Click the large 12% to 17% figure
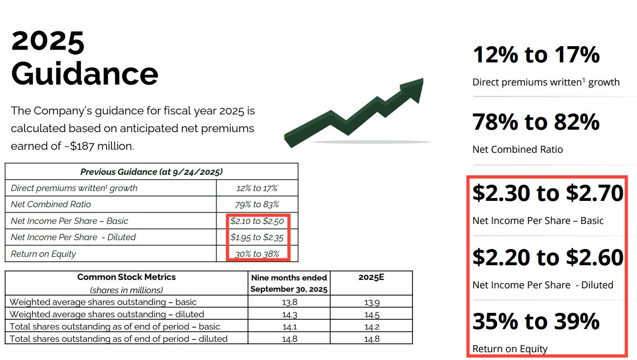pyautogui.click(x=536, y=54)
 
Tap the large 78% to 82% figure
pyautogui.click(x=536, y=121)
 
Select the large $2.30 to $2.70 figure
pyautogui.click(x=548, y=193)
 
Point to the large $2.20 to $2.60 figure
pyautogui.click(x=548, y=257)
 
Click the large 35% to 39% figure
pyautogui.click(x=536, y=321)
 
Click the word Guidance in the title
pyautogui.click(x=84, y=74)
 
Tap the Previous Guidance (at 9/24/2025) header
pyautogui.click(x=151, y=172)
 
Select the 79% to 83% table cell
pyautogui.click(x=257, y=204)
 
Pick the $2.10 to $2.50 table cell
pyautogui.click(x=257, y=221)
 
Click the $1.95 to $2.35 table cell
pyautogui.click(x=257, y=237)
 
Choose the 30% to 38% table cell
pyautogui.click(x=257, y=254)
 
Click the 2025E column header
pyautogui.click(x=371, y=277)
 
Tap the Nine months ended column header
pyautogui.click(x=288, y=277)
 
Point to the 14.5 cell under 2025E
pyautogui.click(x=371, y=314)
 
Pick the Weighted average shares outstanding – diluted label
pyautogui.click(x=107, y=314)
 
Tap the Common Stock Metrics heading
pyautogui.click(x=126, y=277)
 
